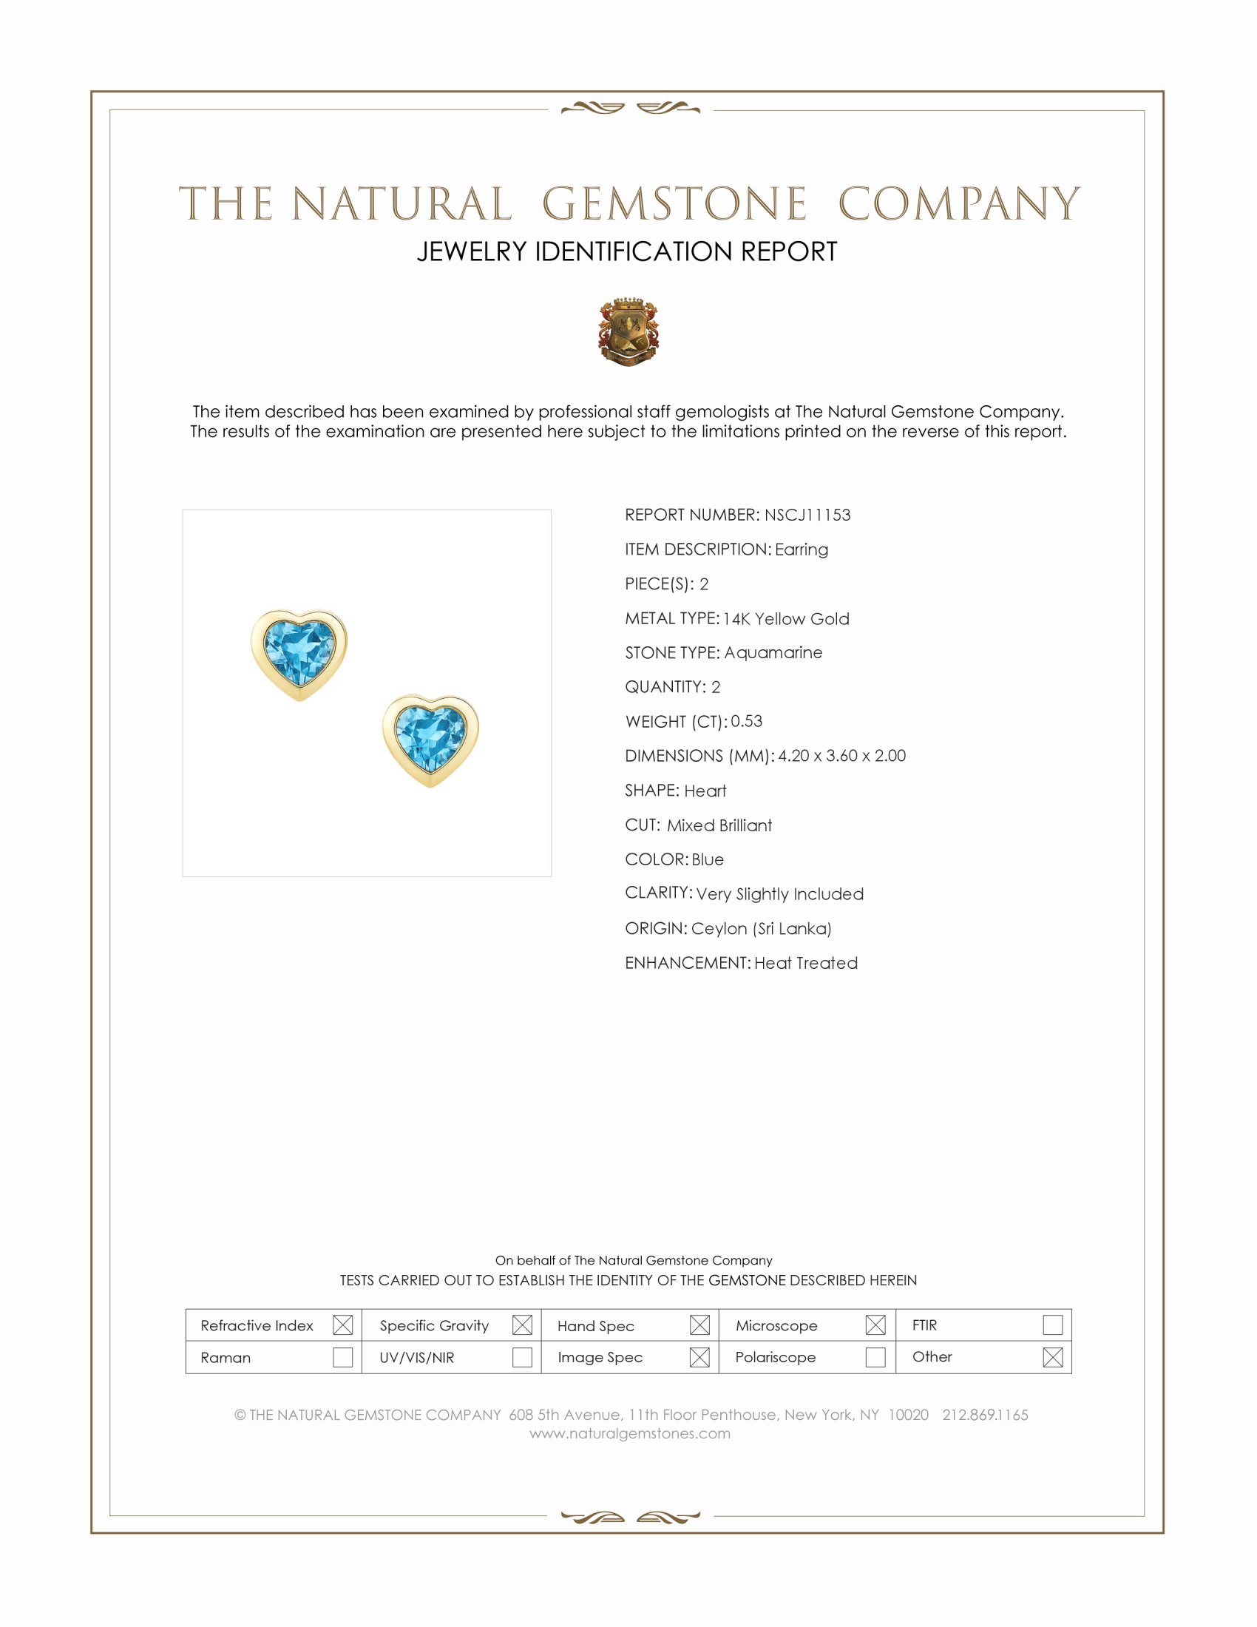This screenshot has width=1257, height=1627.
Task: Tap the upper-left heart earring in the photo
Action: (x=299, y=653)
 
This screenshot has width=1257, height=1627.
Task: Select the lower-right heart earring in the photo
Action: (x=430, y=739)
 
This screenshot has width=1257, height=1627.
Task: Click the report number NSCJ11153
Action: (x=807, y=515)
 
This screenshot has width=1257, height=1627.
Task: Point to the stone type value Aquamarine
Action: (x=773, y=652)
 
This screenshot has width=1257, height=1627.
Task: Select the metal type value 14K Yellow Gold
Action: (x=785, y=618)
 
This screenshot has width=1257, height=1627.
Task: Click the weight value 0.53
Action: (x=746, y=721)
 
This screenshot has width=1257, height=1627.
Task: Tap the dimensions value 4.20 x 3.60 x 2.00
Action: (x=841, y=755)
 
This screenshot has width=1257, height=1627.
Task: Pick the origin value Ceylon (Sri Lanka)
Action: (x=761, y=928)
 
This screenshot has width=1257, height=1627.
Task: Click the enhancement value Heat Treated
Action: (x=806, y=962)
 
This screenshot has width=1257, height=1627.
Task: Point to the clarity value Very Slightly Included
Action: (x=779, y=894)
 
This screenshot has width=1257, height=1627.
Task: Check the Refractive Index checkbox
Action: (x=342, y=1325)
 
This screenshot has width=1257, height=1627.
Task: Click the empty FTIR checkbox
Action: (x=1052, y=1325)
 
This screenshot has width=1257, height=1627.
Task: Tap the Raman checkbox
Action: (x=342, y=1357)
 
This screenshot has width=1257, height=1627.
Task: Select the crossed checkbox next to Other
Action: (x=1052, y=1357)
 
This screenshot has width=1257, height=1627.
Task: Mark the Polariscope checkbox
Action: (x=875, y=1357)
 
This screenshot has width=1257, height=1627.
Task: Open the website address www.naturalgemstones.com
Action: (x=630, y=1433)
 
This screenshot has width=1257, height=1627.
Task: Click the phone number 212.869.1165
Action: (x=984, y=1415)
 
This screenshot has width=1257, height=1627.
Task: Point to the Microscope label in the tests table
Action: (x=776, y=1326)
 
